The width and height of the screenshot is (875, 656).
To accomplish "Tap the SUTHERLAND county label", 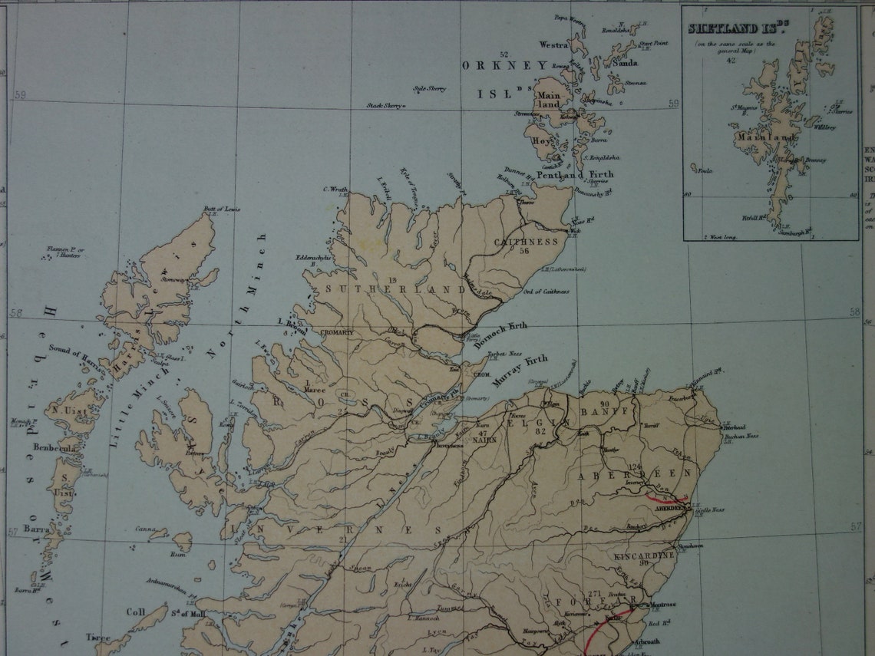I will coord(396,289).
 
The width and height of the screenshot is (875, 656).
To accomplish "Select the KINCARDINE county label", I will coord(644,555).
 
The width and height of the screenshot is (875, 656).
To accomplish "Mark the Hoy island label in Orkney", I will coord(541,140).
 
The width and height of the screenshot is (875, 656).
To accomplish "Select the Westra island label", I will coord(553,45).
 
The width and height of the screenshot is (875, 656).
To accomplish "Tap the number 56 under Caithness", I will coord(524,251).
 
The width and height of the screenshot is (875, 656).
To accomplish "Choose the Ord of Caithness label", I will coord(546,292).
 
